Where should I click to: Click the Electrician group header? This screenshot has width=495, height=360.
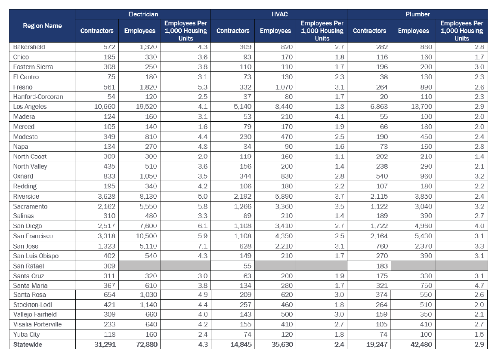pyautogui.click(x=143, y=14)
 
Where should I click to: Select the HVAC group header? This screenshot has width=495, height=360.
pyautogui.click(x=279, y=14)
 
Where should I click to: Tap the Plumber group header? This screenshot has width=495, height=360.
pyautogui.click(x=418, y=14)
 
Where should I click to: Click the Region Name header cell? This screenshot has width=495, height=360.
pyautogui.click(x=42, y=26)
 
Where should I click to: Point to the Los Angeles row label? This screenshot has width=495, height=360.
pyautogui.click(x=30, y=107)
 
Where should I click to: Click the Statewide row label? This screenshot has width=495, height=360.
pyautogui.click(x=28, y=345)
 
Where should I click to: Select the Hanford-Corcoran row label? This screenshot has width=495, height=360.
pyautogui.click(x=38, y=96)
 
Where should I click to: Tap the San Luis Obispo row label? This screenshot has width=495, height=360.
pyautogui.click(x=36, y=256)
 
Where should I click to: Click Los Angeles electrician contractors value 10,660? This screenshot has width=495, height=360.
pyautogui.click(x=105, y=107)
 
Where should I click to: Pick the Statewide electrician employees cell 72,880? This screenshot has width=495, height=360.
pyautogui.click(x=147, y=345)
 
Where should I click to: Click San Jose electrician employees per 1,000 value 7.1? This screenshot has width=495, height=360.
pyautogui.click(x=203, y=246)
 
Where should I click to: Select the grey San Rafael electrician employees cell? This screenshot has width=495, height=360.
pyautogui.click(x=139, y=266)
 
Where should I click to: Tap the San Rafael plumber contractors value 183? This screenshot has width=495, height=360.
pyautogui.click(x=382, y=266)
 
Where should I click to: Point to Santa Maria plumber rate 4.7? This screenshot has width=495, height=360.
pyautogui.click(x=479, y=286)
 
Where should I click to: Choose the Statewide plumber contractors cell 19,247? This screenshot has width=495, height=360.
pyautogui.click(x=377, y=345)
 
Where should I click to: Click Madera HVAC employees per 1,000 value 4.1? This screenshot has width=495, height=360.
pyautogui.click(x=339, y=117)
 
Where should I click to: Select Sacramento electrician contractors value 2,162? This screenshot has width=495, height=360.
pyautogui.click(x=106, y=206)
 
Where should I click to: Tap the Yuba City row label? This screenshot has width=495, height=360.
pyautogui.click(x=26, y=335)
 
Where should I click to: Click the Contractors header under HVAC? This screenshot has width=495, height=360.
pyautogui.click(x=233, y=31)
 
